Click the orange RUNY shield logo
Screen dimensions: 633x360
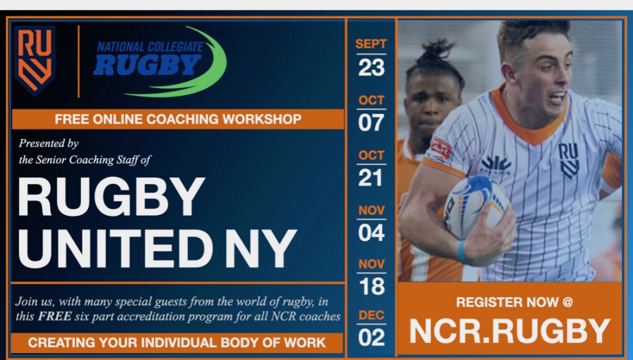(x=35, y=61)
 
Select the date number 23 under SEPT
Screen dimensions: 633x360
(x=371, y=67)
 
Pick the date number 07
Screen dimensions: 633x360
(x=371, y=123)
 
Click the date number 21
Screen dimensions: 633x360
(x=370, y=178)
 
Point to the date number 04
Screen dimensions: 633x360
(x=371, y=233)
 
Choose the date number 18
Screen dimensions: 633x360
(x=372, y=286)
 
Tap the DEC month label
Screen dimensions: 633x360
(x=372, y=315)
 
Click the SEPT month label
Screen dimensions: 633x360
(x=371, y=44)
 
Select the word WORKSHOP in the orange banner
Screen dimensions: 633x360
(x=261, y=119)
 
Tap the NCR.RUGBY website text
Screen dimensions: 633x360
(x=510, y=332)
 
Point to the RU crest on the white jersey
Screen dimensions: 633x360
(x=569, y=161)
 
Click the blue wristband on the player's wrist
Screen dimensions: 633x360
(x=461, y=252)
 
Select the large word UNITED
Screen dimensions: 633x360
(x=115, y=249)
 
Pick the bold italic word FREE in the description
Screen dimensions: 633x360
(x=55, y=316)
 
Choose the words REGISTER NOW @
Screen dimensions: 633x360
(x=514, y=302)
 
